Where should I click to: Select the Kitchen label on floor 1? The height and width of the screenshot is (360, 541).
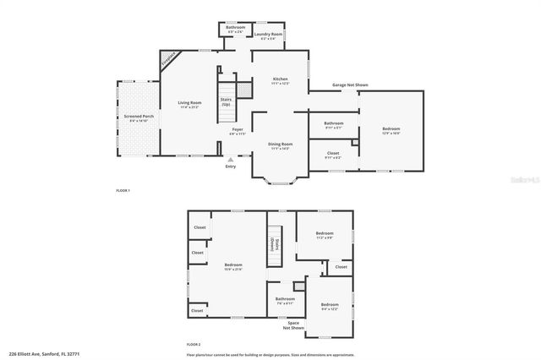[281, 79]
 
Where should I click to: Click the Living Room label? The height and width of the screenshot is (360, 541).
[189, 104]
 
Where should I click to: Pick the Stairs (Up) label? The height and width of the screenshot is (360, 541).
[227, 101]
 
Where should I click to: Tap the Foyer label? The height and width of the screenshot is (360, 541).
[238, 130]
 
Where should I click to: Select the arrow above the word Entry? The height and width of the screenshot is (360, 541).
[231, 158]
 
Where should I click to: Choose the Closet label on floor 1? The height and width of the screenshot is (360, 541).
[333, 155]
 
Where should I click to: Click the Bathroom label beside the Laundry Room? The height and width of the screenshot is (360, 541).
[235, 28]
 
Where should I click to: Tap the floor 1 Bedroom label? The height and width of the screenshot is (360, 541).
[391, 129]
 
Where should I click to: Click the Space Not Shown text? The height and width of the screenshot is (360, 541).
[293, 325]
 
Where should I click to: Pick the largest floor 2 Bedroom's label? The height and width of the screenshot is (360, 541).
[233, 266]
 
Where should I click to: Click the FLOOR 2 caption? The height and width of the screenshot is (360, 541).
[194, 345]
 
